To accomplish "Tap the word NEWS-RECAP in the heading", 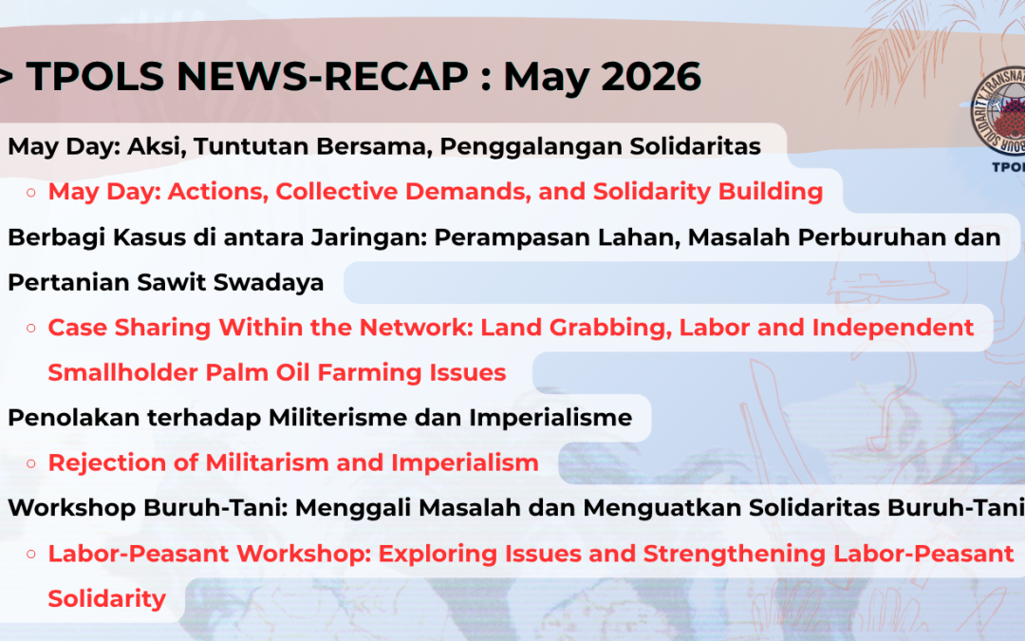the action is pyautogui.click(x=323, y=76).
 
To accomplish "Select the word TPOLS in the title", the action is pyautogui.click(x=96, y=76).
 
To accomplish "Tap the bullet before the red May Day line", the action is pyautogui.click(x=30, y=192).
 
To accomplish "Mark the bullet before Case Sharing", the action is pyautogui.click(x=30, y=328).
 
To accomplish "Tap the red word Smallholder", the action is pyautogui.click(x=122, y=372).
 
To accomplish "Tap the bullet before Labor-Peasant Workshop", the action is pyautogui.click(x=30, y=554).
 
